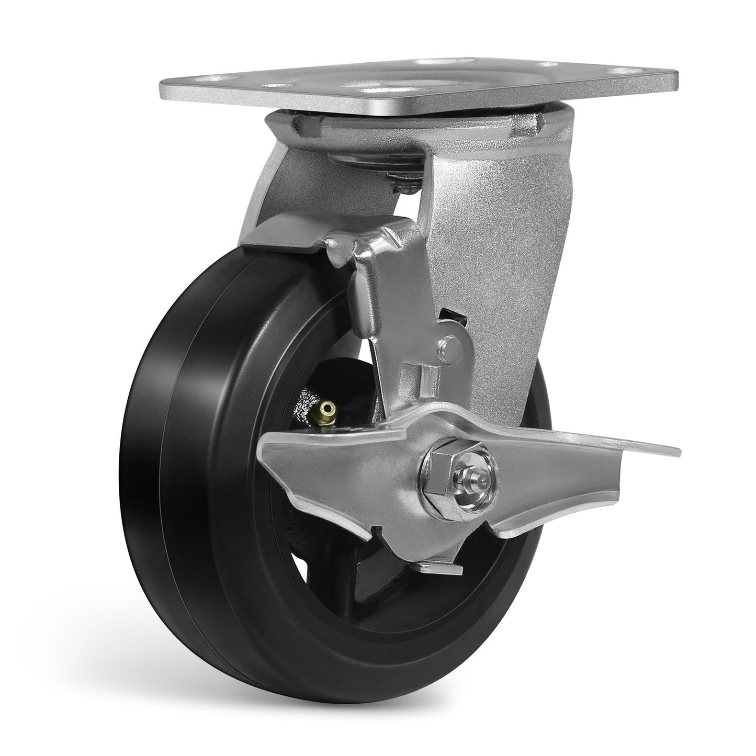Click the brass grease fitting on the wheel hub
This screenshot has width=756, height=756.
pos(329,408)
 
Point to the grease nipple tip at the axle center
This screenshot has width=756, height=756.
pos(486,466)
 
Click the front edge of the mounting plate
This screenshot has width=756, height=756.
pos(419,107)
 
